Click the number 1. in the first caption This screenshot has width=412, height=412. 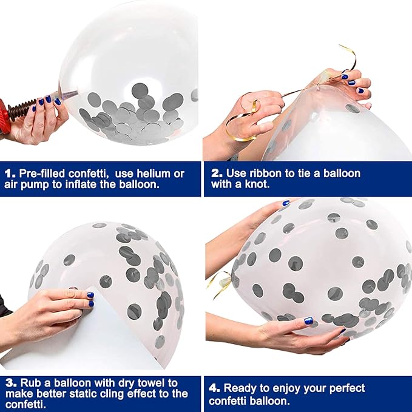pyautogui.click(x=10, y=174)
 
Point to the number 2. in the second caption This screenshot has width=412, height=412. pyautogui.click(x=217, y=174)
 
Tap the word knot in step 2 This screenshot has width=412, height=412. pyautogui.click(x=257, y=184)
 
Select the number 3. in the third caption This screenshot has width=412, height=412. pyautogui.click(x=11, y=383)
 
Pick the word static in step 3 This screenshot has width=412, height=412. pyautogui.click(x=84, y=394)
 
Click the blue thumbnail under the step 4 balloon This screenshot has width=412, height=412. pyautogui.click(x=308, y=320)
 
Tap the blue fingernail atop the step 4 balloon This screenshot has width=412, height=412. pyautogui.click(x=286, y=203)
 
